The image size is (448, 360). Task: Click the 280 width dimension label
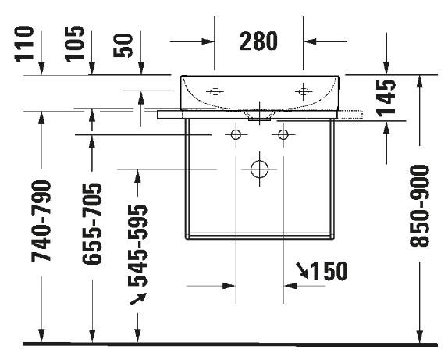coord(258,41)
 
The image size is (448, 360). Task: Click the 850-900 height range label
coord(421,206)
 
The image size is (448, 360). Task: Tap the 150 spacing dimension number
coord(328,272)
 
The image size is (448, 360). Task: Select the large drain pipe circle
coord(259,169)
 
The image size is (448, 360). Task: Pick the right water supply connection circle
coord(283,136)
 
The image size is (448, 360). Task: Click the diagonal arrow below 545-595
coord(137,300)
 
